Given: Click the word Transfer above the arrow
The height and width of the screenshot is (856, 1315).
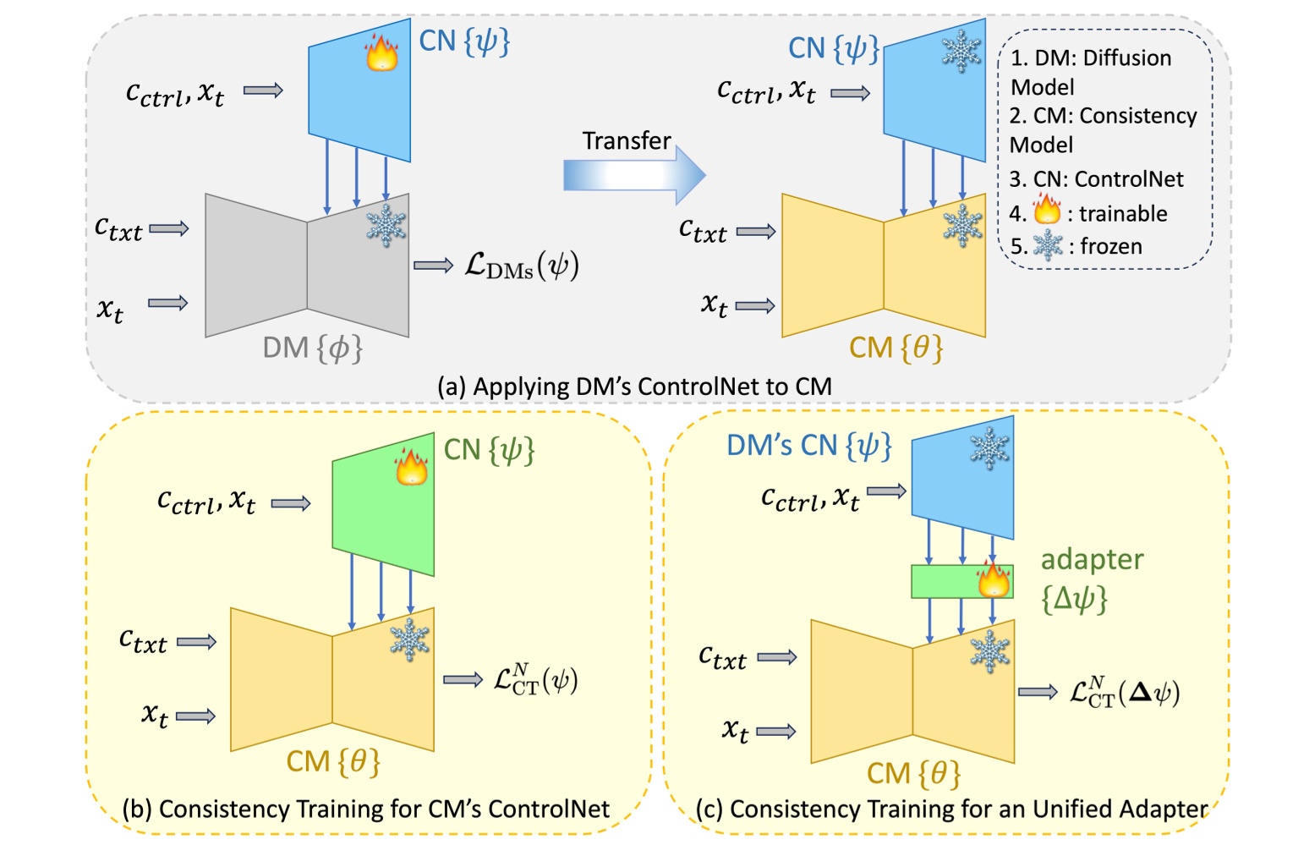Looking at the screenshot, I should click(626, 140).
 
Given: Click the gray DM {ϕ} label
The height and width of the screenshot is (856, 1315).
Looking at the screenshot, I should click(312, 348).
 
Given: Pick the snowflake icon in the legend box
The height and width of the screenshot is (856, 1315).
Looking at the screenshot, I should click(1048, 245).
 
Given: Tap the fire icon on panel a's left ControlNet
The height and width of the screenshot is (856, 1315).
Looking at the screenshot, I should click(381, 52).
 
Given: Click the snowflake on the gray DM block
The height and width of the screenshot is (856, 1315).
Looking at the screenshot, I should click(386, 225).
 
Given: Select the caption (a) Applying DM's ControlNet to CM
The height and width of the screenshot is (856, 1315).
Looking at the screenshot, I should click(634, 387).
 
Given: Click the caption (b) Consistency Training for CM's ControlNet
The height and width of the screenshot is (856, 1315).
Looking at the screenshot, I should click(366, 809).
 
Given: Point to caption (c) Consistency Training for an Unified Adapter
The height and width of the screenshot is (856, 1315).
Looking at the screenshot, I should click(951, 809).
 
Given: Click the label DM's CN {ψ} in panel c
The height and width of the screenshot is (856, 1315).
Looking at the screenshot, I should click(808, 446).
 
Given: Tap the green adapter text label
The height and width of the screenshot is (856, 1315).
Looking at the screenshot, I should click(1091, 560).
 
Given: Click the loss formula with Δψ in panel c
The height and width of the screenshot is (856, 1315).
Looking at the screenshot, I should click(1124, 693).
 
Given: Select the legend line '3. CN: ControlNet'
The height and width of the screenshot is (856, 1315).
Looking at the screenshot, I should click(1096, 179).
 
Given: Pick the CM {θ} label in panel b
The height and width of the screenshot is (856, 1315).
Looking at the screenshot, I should click(333, 761).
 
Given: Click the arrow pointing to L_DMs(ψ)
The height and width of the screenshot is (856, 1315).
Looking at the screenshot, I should click(434, 266).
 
